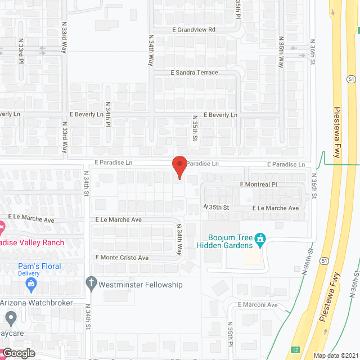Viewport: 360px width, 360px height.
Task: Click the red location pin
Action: [x=179, y=166]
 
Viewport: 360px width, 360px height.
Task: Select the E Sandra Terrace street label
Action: [x=194, y=73]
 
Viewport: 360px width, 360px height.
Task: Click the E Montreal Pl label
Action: [x=259, y=184]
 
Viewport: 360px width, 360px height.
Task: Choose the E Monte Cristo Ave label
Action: [x=122, y=258]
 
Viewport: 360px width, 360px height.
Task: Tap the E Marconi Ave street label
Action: [x=258, y=305]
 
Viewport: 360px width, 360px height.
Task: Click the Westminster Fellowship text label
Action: [x=141, y=285]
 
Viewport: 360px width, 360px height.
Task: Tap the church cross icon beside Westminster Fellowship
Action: [x=91, y=283]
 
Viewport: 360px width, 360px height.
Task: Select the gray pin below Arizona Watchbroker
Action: [x=10, y=319]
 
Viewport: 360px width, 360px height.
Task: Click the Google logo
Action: [x=18, y=353]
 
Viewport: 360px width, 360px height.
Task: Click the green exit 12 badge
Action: [x=296, y=350]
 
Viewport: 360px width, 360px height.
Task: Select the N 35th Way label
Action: [x=281, y=52]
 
